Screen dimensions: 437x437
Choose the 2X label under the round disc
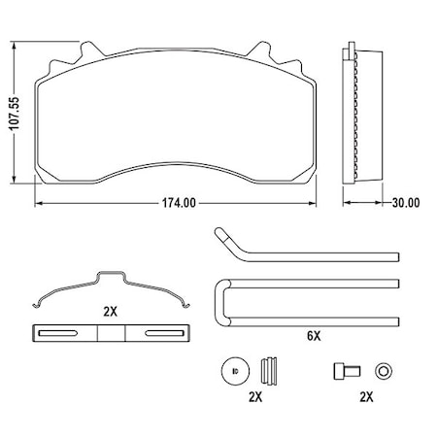point(254,397)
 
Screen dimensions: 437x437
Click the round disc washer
point(231,371)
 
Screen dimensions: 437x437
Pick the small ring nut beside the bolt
point(384,371)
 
